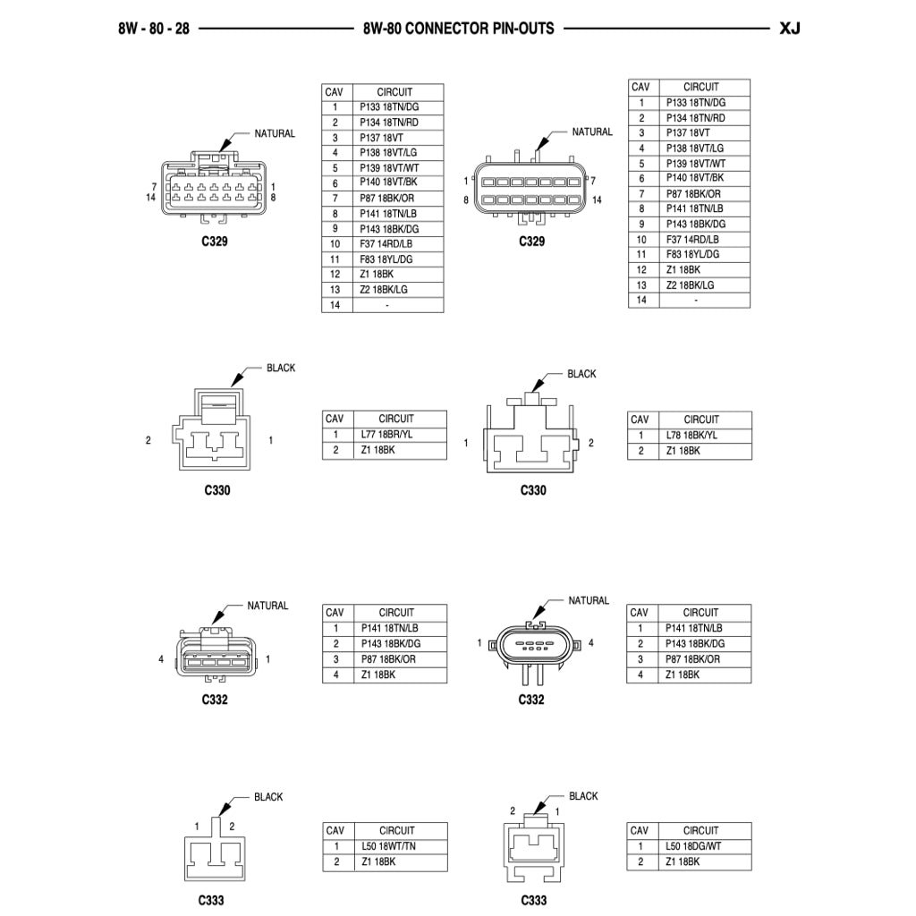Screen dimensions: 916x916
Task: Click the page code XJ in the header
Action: pos(789,28)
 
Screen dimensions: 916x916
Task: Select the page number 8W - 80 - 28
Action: pos(153,28)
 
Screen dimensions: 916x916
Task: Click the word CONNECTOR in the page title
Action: pos(444,28)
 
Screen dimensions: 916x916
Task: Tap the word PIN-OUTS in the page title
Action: pos(522,28)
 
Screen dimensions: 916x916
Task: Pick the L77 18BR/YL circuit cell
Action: pos(399,435)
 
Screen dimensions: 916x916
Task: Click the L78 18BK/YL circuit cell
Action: pos(702,436)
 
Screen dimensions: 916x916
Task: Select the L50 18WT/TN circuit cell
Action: pos(399,846)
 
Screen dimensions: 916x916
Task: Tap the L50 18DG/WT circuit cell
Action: pos(702,846)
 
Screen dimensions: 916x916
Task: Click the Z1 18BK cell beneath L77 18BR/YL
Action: pos(399,450)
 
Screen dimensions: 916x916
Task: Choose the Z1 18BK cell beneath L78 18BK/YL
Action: pos(702,451)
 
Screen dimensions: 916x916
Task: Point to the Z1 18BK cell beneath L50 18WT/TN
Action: pos(399,862)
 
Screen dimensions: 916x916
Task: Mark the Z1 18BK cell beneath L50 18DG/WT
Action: pos(702,862)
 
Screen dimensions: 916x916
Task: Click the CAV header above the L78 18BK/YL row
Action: pos(640,420)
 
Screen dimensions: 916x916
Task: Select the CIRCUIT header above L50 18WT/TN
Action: pos(397,830)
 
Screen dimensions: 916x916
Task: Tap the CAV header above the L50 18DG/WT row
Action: pos(640,830)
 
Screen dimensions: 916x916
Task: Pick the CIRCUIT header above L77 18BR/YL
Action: pos(397,419)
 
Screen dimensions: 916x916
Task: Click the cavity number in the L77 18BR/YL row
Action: pos(336,435)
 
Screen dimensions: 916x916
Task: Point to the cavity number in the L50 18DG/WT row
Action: pos(640,846)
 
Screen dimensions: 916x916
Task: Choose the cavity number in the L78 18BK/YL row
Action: pos(640,436)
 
